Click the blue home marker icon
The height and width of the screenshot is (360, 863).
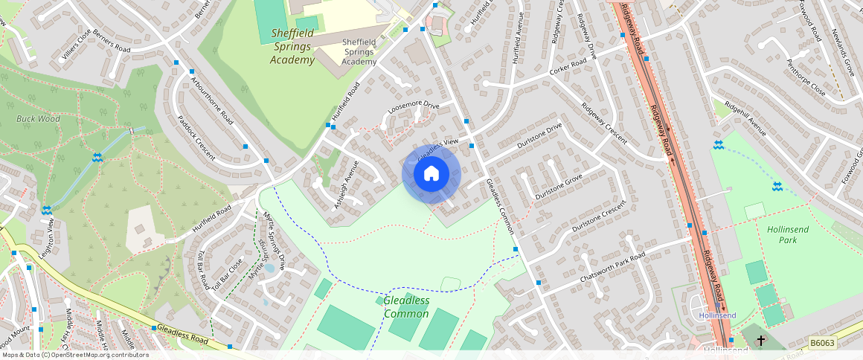431,174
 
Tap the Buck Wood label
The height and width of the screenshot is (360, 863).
39,118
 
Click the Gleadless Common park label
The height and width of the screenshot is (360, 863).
406,306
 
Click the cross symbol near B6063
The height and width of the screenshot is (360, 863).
761,341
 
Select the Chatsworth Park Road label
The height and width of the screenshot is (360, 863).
612,267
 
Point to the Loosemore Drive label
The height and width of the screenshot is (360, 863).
413,110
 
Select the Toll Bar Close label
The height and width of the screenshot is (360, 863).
227,274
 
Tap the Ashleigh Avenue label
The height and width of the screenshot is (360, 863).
347,184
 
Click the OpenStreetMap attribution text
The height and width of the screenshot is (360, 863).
74,355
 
